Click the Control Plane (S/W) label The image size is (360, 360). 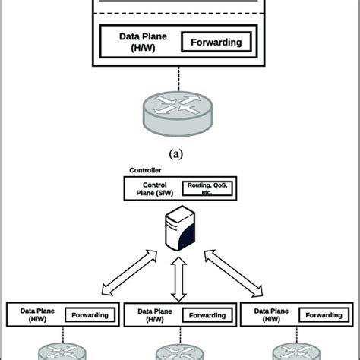click(x=153, y=188)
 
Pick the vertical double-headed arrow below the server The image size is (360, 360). click(x=179, y=278)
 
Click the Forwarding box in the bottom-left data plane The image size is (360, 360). click(x=90, y=315)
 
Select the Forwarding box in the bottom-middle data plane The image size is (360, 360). click(x=207, y=315)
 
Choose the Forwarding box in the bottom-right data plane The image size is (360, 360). click(x=323, y=315)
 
